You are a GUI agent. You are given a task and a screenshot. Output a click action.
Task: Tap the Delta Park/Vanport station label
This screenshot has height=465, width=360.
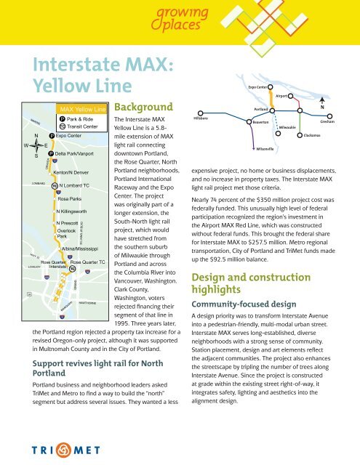(76, 154)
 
